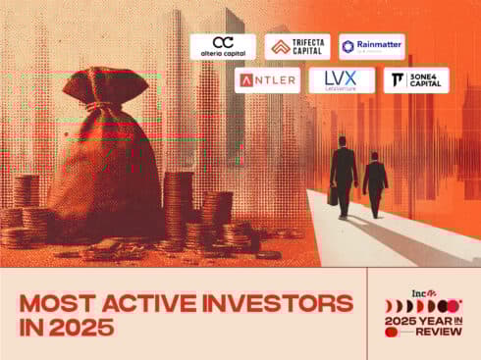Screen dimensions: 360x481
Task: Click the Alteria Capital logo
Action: tap(223, 46)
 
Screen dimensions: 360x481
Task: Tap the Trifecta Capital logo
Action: tap(295, 46)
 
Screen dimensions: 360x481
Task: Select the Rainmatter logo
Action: tap(371, 46)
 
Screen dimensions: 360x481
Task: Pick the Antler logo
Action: tap(268, 80)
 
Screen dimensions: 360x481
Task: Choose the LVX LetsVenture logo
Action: tap(342, 80)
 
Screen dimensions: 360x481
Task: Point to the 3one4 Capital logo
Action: tap(416, 80)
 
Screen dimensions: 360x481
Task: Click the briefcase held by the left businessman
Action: tap(334, 196)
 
